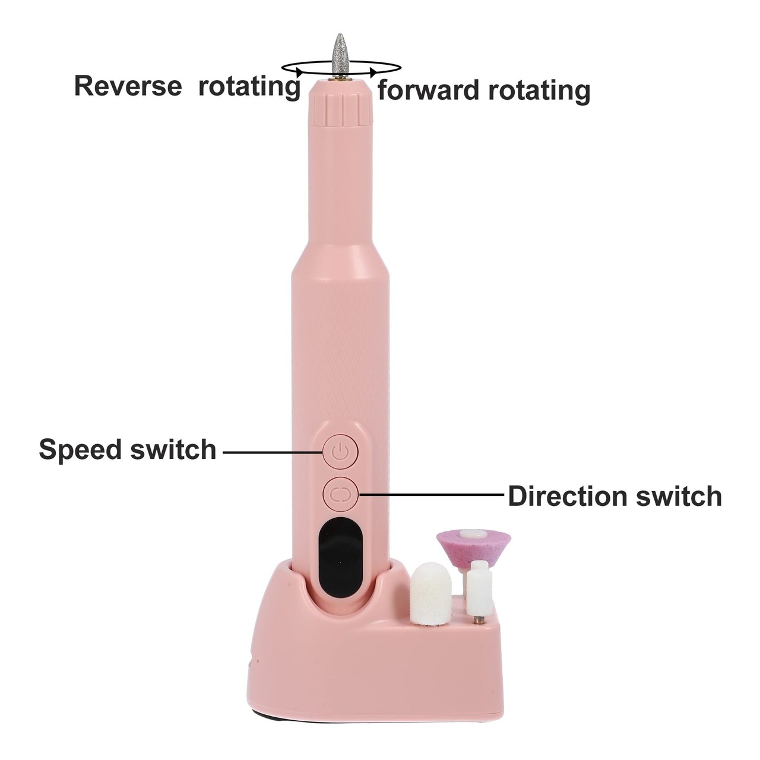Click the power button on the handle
tap(340, 453)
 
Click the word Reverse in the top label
tap(128, 86)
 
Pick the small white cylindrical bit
tap(479, 591)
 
